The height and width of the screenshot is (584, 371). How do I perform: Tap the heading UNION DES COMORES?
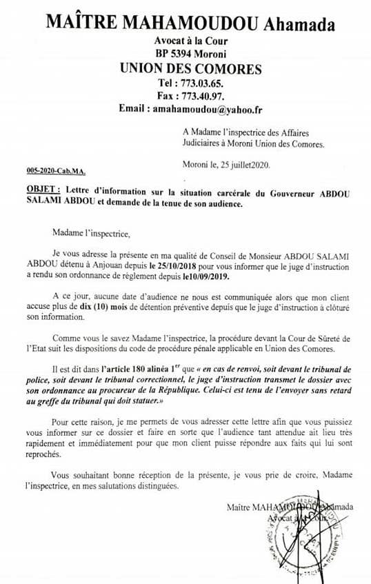190,68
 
